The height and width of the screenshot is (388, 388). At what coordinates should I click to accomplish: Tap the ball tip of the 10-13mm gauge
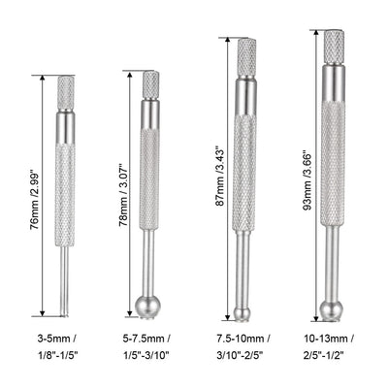coord(332,309)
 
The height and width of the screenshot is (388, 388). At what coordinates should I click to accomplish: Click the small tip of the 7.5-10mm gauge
coord(242,312)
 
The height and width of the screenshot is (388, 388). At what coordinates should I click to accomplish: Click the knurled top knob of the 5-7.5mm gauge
coord(150,84)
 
